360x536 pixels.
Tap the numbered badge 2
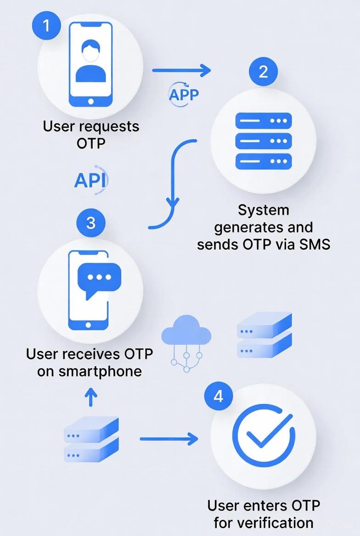tap(263, 72)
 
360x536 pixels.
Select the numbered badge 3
tap(90, 223)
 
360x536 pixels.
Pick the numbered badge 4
tap(218, 395)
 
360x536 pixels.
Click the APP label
tap(184, 95)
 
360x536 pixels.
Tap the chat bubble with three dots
tap(99, 279)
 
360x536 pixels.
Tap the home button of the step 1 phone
tap(90, 101)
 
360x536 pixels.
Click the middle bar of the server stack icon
tap(264, 141)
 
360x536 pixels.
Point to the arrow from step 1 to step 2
tap(181, 70)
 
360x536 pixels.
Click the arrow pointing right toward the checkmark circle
tap(169, 439)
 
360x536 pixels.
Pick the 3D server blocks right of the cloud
tap(264, 335)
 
